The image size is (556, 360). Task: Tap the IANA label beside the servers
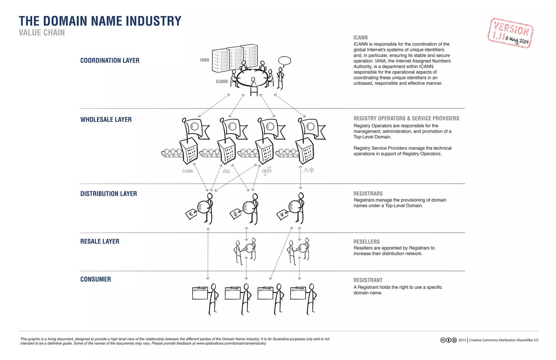pyautogui.click(x=204, y=60)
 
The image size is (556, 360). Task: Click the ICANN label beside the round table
pyautogui.click(x=222, y=82)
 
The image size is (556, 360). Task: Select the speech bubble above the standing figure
pyautogui.click(x=285, y=61)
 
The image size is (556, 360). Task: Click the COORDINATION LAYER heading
pyautogui.click(x=110, y=61)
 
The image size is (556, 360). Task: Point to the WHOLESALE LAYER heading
pyautogui.click(x=106, y=120)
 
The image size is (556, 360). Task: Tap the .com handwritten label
pyautogui.click(x=187, y=171)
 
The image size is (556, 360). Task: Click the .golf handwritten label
pyautogui.click(x=267, y=171)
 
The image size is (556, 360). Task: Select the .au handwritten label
pyautogui.click(x=226, y=171)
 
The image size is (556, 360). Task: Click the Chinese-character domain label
pyautogui.click(x=308, y=170)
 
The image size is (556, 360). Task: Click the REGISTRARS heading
pyautogui.click(x=368, y=194)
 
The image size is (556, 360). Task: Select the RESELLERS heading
pyautogui.click(x=366, y=242)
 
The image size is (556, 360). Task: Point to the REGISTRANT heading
pyautogui.click(x=368, y=280)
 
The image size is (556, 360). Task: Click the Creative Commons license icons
pyautogui.click(x=448, y=340)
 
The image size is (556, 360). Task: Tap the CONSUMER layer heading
pyautogui.click(x=96, y=279)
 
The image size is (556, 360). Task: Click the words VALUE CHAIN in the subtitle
pyautogui.click(x=42, y=33)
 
